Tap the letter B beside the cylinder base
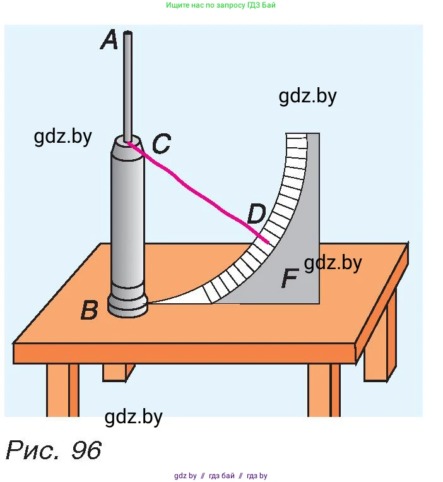pyautogui.click(x=90, y=310)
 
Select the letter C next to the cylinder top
pyautogui.click(x=161, y=145)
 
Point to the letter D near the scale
pyautogui.click(x=256, y=215)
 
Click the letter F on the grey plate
pyautogui.click(x=289, y=279)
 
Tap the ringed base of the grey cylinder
pyautogui.click(x=128, y=304)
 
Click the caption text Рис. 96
pyautogui.click(x=54, y=450)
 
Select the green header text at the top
pyautogui.click(x=221, y=5)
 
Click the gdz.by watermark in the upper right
pyautogui.click(x=307, y=96)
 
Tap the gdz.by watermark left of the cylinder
pyautogui.click(x=63, y=136)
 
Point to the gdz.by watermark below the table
pyautogui.click(x=134, y=417)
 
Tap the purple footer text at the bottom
pyautogui.click(x=221, y=476)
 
